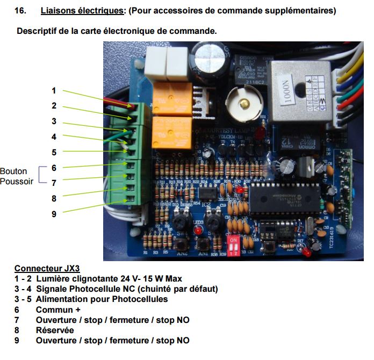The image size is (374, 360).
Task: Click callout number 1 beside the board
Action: (54, 90)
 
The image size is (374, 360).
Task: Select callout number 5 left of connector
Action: (54, 152)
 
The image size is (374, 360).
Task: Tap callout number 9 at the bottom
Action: (54, 213)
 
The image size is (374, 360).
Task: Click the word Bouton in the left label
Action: (13, 171)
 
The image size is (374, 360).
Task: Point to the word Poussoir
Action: (17, 182)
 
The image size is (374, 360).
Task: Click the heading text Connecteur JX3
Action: (48, 269)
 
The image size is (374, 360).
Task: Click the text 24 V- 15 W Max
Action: (145, 279)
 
